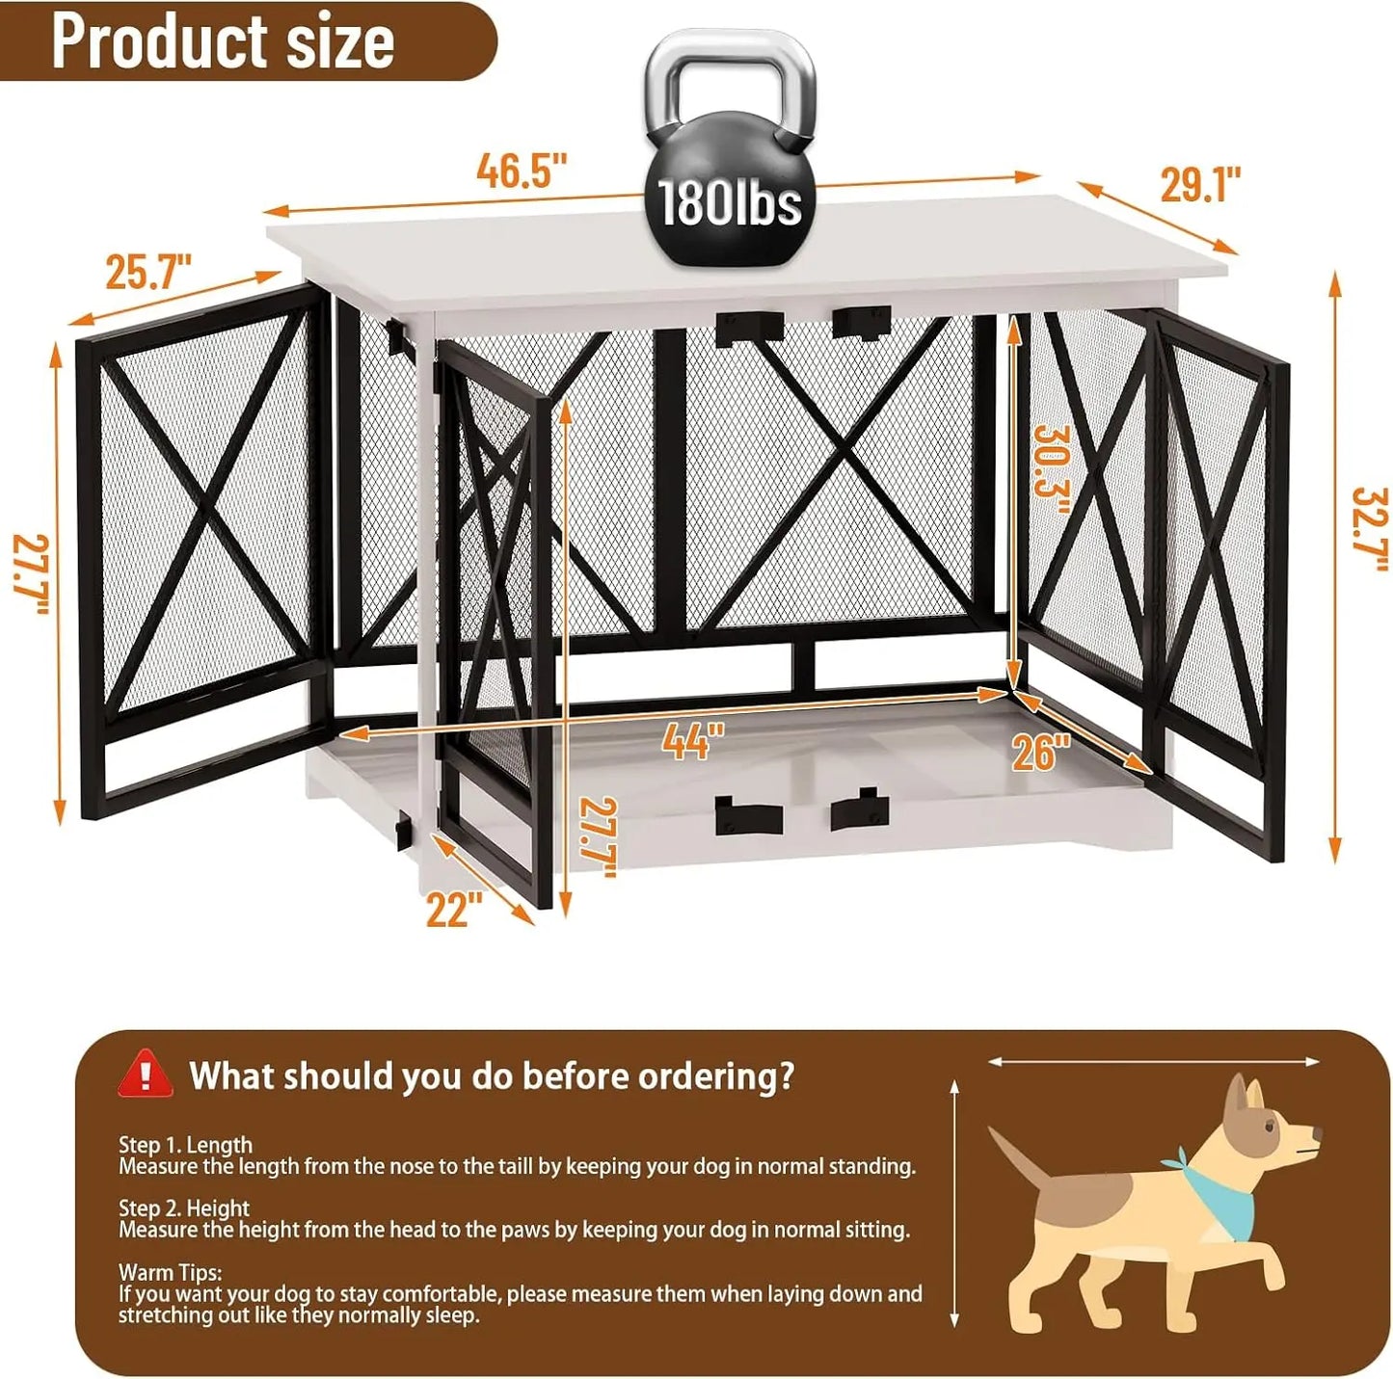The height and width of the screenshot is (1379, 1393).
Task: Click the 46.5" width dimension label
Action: (x=522, y=172)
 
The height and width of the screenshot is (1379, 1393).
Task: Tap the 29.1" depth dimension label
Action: (x=1199, y=183)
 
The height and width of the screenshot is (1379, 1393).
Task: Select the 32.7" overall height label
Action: (x=1369, y=529)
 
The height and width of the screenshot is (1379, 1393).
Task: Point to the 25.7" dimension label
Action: (x=148, y=272)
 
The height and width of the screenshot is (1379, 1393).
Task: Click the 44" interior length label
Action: (x=692, y=741)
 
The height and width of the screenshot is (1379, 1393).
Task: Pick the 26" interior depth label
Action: (x=1041, y=752)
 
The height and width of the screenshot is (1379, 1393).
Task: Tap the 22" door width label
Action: (x=453, y=910)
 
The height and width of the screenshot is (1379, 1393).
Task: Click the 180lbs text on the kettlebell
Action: (x=730, y=203)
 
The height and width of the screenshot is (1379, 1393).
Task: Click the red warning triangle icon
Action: (x=145, y=1074)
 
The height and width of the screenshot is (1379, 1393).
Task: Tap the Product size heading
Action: (x=223, y=41)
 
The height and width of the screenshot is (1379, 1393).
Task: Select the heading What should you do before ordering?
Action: (x=492, y=1075)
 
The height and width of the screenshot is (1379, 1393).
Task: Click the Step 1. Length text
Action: (x=185, y=1145)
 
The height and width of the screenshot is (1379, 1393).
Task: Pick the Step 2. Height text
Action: (x=184, y=1208)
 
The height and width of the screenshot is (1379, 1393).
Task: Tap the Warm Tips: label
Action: (x=170, y=1272)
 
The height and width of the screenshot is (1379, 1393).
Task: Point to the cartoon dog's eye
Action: (x=1273, y=1125)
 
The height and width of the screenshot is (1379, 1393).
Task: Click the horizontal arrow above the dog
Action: (x=1153, y=1061)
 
